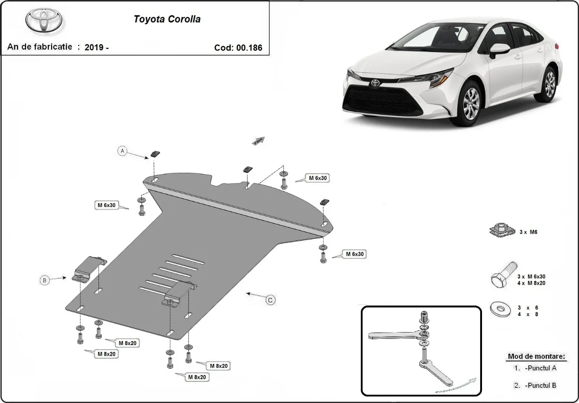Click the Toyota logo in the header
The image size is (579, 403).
(44, 21)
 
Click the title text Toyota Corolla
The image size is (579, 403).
(167, 20)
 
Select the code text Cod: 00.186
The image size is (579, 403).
(238, 48)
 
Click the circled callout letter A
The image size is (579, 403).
(123, 151)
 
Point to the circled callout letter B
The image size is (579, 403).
(44, 280)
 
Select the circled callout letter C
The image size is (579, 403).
(271, 300)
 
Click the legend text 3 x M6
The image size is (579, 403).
(528, 232)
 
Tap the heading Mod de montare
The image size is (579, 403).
(536, 357)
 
